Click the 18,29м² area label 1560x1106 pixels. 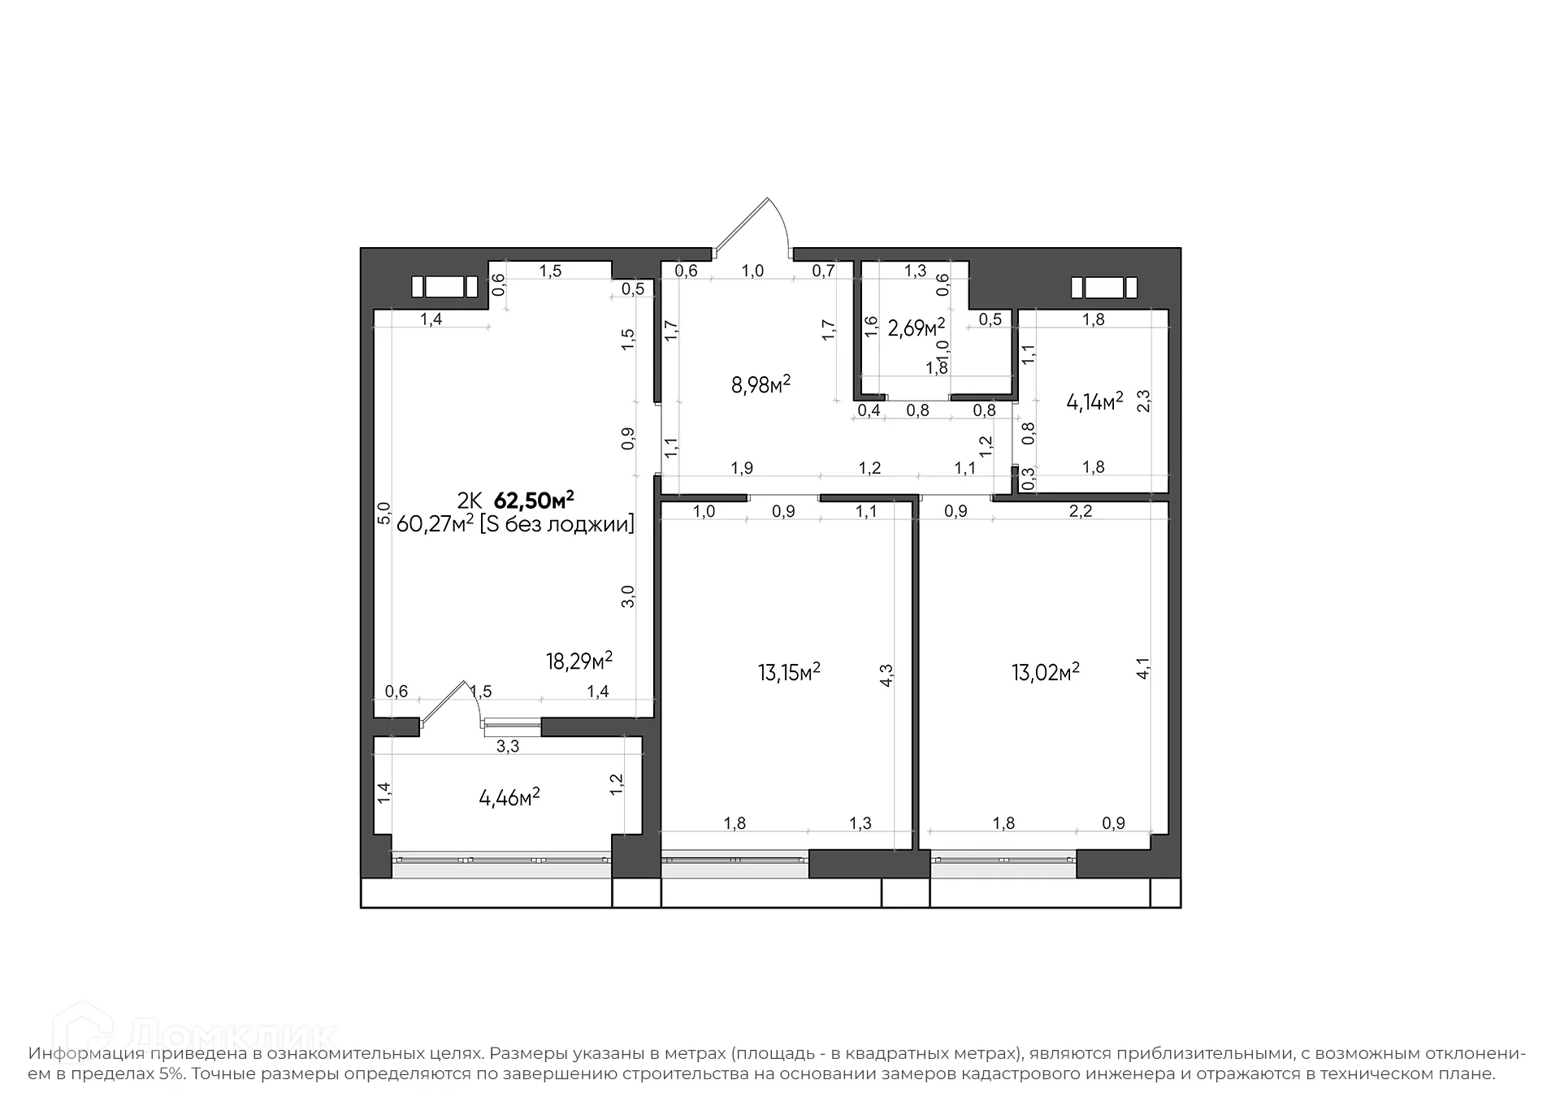pos(578,661)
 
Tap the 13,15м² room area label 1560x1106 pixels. pos(788,672)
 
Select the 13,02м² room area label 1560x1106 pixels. pos(1045,672)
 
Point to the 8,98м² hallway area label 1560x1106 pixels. pos(760,384)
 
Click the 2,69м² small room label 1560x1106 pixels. pos(916,327)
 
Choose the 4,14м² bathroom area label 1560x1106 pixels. pos(1094,401)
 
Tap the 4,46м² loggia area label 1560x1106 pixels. pos(509,797)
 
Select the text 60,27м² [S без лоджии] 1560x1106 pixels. pos(515,524)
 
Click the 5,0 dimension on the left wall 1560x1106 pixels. pos(384,513)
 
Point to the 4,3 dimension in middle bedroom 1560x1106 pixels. pos(886,676)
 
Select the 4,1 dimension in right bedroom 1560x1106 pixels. pos(1142,669)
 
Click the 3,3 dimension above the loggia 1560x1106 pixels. pos(507,746)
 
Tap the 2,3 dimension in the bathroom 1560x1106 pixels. pos(1143,401)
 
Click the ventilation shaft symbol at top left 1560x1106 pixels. pos(444,287)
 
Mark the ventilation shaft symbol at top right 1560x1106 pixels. pos(1103,288)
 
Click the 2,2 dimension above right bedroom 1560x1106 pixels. pos(1080,511)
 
